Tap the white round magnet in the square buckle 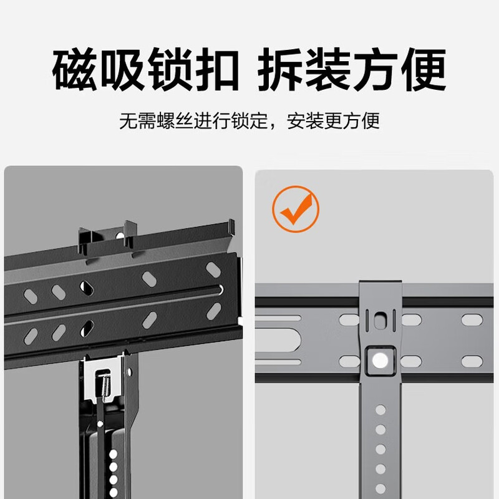click(x=379, y=359)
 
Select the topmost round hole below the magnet click(x=380, y=410)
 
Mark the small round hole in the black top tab click(x=120, y=235)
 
